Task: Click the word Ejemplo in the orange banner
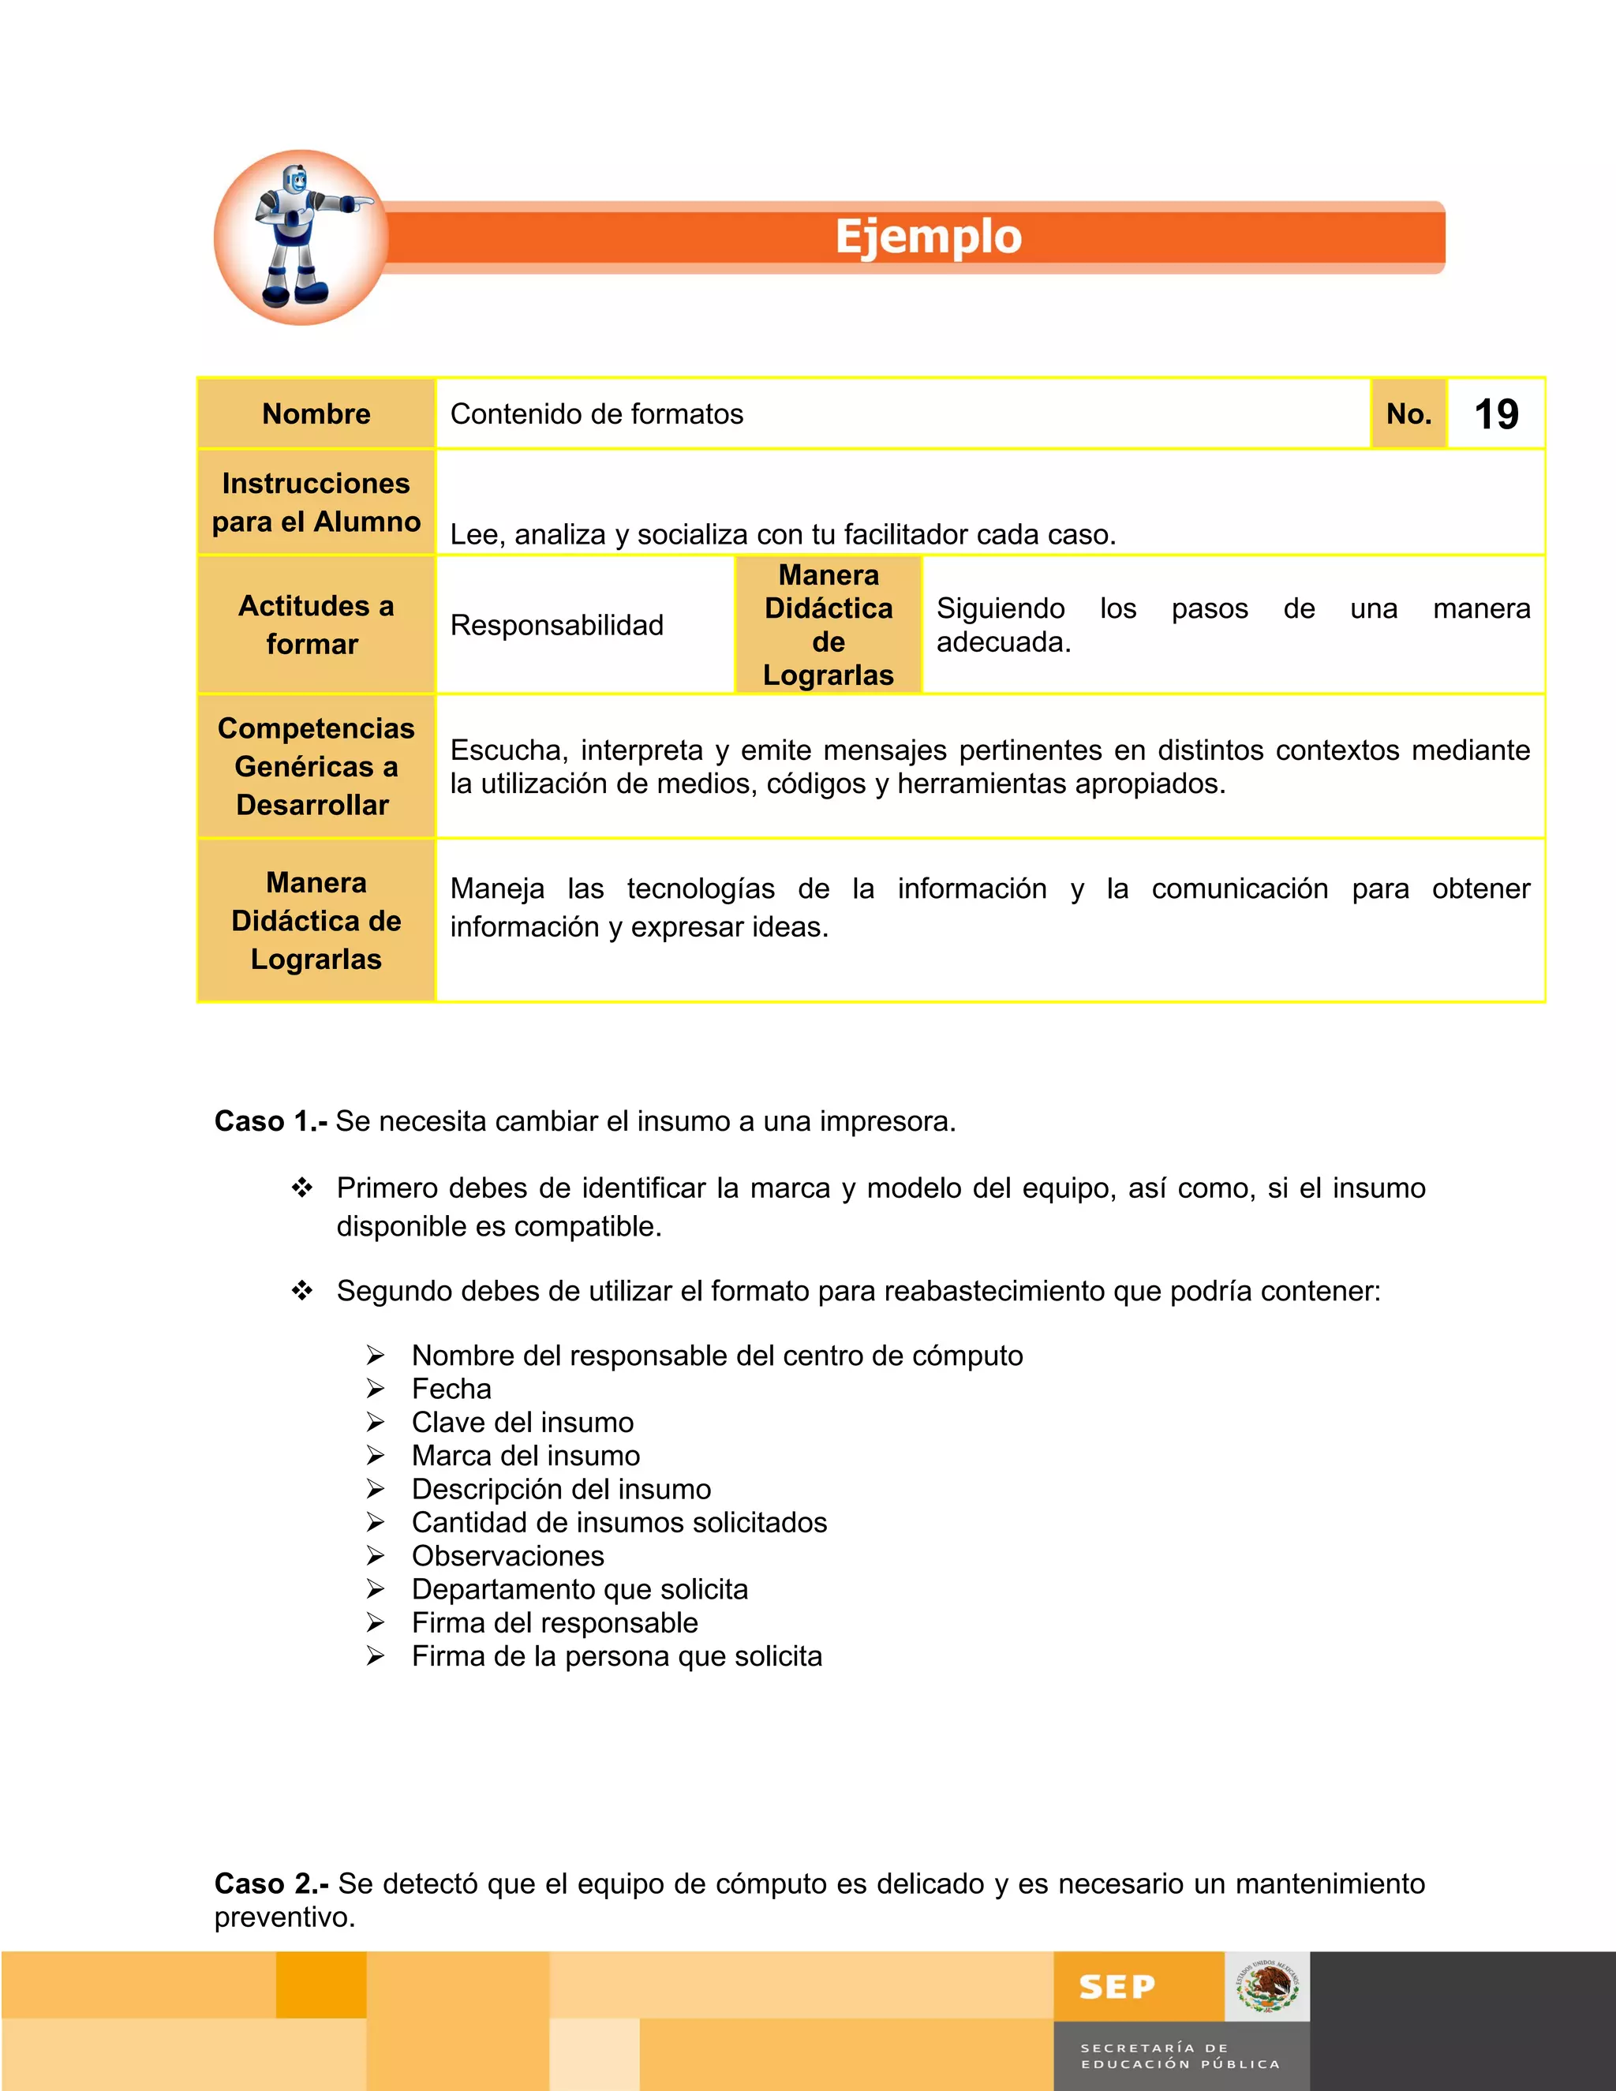(928, 237)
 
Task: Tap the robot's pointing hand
(359, 203)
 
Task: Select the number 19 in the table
(1495, 414)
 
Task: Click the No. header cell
(1408, 414)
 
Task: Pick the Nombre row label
(316, 414)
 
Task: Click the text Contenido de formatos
(597, 414)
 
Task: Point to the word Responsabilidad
(556, 625)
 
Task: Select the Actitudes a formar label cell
(316, 625)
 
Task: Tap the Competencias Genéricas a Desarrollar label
(316, 767)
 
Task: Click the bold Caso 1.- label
(271, 1121)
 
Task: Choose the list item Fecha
(451, 1390)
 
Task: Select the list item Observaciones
(507, 1556)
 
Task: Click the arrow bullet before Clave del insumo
(376, 1423)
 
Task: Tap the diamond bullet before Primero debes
(302, 1188)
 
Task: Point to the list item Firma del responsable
(554, 1623)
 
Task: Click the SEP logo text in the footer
(1117, 1988)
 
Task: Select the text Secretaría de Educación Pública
(1180, 2055)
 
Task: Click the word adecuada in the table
(1002, 642)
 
